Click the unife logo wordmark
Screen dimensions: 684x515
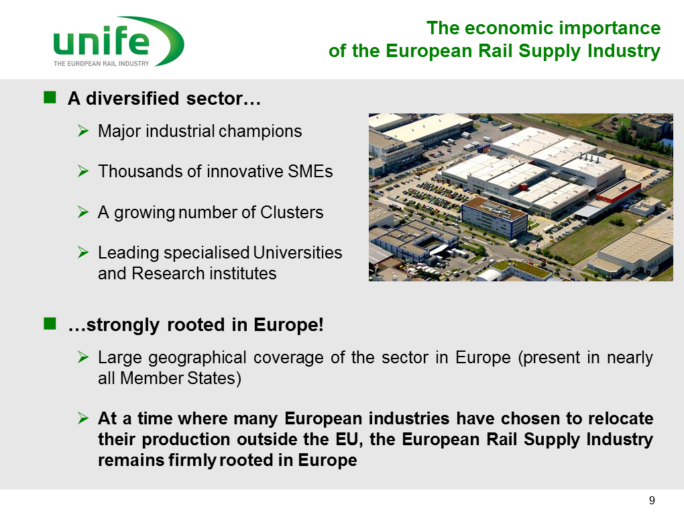coord(101,40)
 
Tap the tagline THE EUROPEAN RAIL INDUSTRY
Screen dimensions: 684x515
coord(101,64)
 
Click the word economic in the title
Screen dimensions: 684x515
coord(509,28)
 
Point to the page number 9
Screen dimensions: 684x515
coord(652,501)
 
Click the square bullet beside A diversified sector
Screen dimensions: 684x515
coord(50,97)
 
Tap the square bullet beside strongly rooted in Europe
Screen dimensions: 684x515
coord(50,324)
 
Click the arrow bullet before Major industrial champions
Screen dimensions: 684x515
coord(83,131)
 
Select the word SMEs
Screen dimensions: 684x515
coord(310,171)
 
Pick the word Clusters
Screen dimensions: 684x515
coord(292,212)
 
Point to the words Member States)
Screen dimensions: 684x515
coord(180,378)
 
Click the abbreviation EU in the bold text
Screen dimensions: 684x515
coord(347,439)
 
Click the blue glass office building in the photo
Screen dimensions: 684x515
coord(494,218)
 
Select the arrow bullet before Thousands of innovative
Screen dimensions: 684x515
coord(83,171)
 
